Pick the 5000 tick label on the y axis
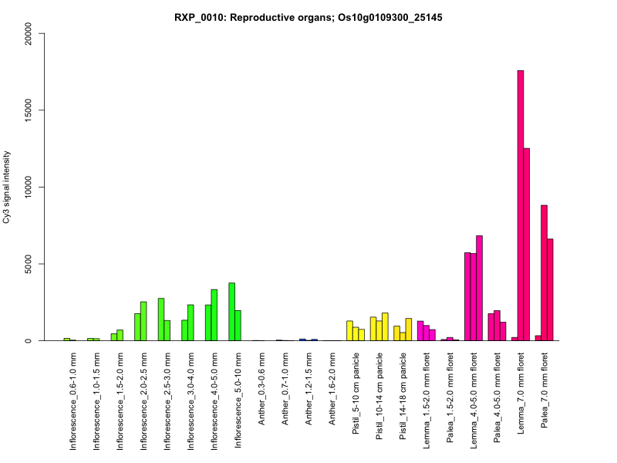[x=30, y=264]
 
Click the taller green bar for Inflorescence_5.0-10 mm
[x=232, y=312]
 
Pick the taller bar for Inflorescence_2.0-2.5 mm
[x=143, y=321]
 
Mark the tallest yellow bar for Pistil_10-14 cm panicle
[x=385, y=326]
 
